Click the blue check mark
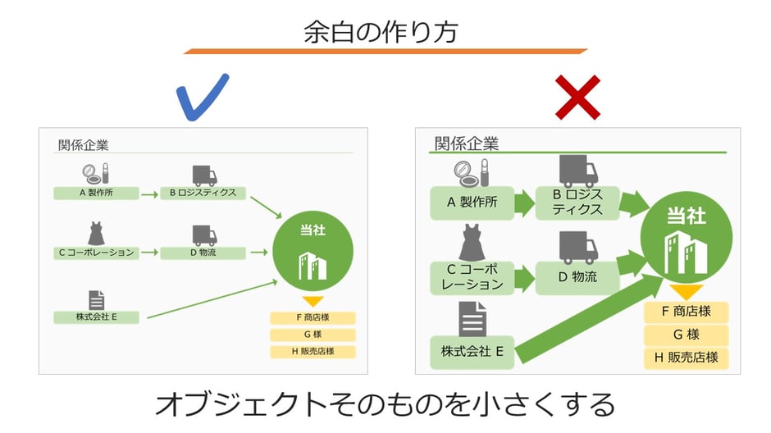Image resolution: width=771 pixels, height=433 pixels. [x=203, y=97]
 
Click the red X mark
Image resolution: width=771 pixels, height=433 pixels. [x=577, y=97]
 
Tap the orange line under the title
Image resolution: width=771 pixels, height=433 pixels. [x=385, y=51]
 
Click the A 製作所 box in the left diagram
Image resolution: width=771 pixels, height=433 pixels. [x=95, y=194]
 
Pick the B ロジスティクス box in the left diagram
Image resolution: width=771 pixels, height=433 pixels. [x=202, y=194]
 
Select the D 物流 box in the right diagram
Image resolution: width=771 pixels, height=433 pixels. [x=577, y=277]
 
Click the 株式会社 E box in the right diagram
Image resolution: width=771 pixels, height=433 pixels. [x=472, y=353]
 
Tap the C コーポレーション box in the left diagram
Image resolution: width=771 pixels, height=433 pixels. [x=96, y=253]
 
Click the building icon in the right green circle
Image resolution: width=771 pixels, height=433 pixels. [x=686, y=252]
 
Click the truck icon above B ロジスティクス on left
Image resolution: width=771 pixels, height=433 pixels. [x=203, y=175]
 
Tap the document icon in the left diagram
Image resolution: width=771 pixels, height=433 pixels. [x=96, y=300]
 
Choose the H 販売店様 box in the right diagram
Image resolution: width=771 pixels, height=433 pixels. [x=686, y=358]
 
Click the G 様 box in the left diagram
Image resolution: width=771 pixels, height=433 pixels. [x=312, y=335]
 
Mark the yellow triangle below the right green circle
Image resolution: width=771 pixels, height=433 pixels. [x=686, y=292]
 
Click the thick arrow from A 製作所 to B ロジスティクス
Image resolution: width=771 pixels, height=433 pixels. [x=524, y=203]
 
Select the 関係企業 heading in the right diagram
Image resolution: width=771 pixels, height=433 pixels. [x=466, y=144]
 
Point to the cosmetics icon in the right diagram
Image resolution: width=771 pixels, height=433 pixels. [x=472, y=173]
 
